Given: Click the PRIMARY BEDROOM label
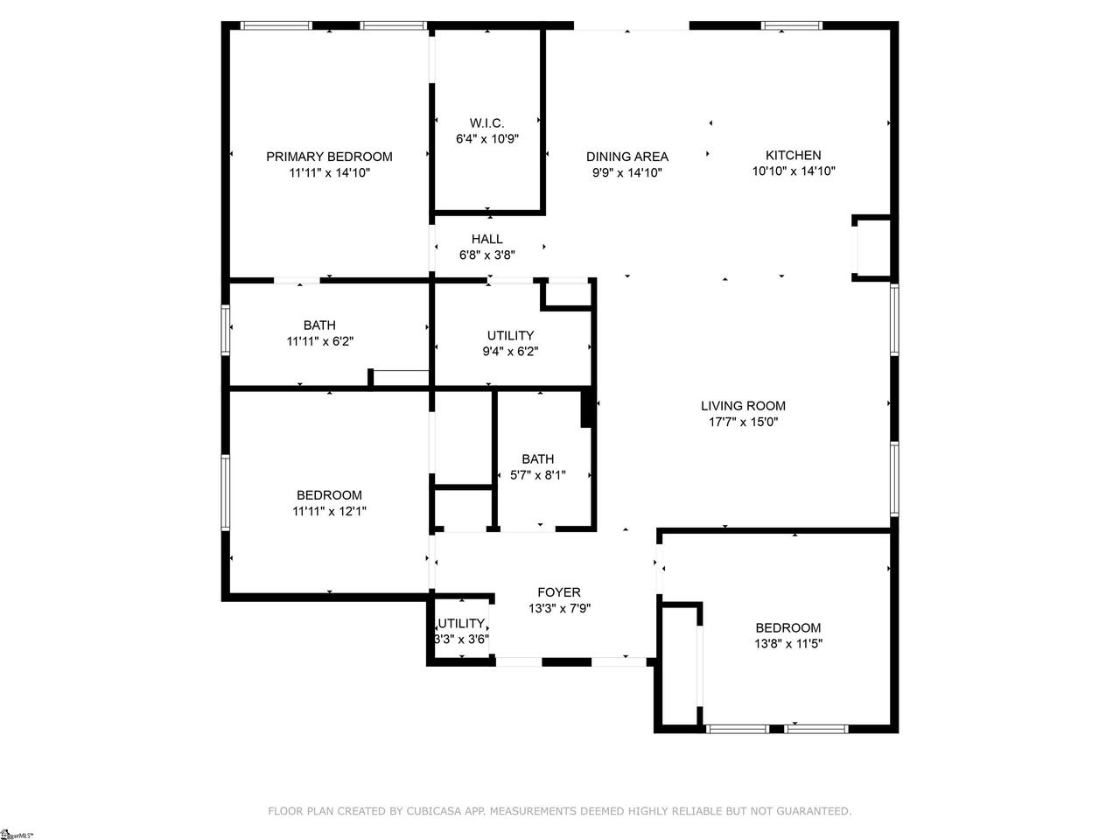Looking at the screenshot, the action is click(x=329, y=157).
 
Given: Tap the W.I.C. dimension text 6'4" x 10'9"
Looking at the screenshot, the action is click(x=487, y=139).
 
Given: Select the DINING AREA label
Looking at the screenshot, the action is click(x=627, y=157).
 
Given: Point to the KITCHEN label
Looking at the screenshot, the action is click(x=794, y=155).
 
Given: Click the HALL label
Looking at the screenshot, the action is click(x=487, y=239).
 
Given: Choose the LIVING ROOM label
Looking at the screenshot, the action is click(x=743, y=406).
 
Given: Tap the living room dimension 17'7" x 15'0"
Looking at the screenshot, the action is click(x=743, y=422).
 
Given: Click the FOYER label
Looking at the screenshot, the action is click(x=559, y=592).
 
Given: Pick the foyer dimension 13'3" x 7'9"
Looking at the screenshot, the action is click(x=559, y=608).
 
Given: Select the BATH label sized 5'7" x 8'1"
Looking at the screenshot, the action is click(x=538, y=459).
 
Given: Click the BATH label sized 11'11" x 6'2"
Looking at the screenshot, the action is click(x=320, y=325).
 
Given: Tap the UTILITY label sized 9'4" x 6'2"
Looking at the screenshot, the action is click(x=510, y=336).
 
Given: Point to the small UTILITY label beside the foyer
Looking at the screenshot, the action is click(x=461, y=623).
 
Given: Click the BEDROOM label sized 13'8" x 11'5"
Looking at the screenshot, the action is click(x=788, y=628).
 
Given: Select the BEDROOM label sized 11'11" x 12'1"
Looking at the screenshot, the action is click(x=329, y=495).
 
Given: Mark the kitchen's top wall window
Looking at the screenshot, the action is click(x=792, y=25).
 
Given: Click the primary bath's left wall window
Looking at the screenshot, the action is click(x=225, y=330).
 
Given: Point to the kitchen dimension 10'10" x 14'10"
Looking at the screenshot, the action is click(x=794, y=171).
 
